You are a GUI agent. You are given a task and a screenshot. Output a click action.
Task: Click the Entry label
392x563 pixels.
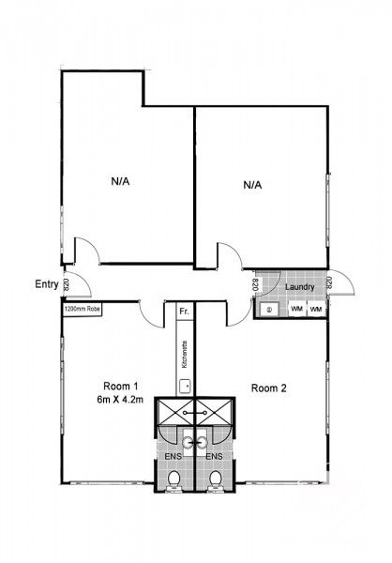[x=46, y=284]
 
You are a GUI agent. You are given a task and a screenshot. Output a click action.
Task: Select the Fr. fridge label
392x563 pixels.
[x=184, y=309]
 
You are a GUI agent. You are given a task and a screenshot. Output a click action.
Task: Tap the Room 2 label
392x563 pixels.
[x=269, y=386]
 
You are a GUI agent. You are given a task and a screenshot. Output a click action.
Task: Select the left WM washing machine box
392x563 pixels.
[x=295, y=309]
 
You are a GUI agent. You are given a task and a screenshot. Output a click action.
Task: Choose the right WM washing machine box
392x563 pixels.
[x=316, y=309]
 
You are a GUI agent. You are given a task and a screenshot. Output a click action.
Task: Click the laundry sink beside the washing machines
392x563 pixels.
[x=268, y=309]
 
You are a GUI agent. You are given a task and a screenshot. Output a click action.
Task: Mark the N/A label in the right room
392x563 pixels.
[x=251, y=185]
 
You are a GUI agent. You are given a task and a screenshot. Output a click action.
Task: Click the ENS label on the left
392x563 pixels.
[x=172, y=456]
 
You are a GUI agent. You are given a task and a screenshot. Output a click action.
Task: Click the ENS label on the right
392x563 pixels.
[x=215, y=456]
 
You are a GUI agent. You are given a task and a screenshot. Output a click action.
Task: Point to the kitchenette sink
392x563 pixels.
[x=186, y=384]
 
